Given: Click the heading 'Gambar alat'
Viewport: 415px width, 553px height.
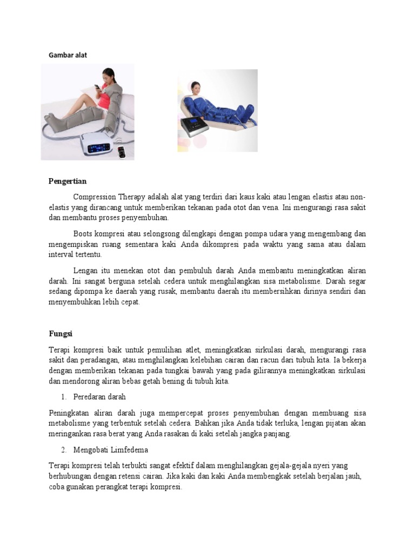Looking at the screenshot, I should pos(68,55).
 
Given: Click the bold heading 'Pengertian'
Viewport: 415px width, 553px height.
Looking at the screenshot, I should pos(67,181).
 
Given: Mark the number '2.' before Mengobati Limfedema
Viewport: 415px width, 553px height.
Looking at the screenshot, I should pos(63,450).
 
